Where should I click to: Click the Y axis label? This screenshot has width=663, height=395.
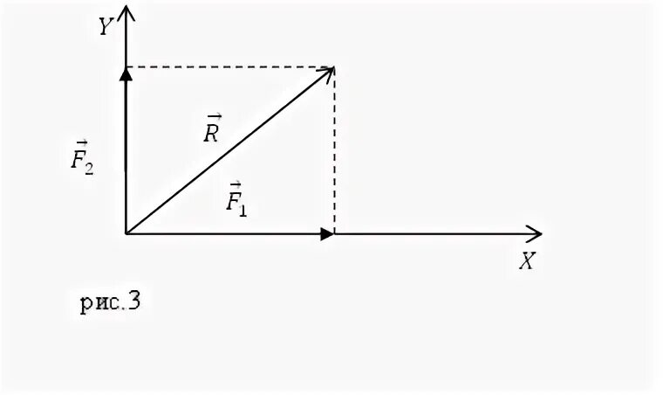(106, 28)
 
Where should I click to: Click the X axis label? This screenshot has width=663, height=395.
(526, 260)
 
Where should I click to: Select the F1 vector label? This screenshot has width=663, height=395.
(236, 200)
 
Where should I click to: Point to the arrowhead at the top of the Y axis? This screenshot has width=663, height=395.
(126, 11)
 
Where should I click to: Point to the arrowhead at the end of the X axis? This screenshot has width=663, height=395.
(534, 233)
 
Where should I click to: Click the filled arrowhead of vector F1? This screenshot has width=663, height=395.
(327, 233)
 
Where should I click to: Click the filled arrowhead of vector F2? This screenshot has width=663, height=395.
(126, 74)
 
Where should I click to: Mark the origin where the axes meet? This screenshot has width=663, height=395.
(126, 233)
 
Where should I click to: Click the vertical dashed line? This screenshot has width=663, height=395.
(335, 149)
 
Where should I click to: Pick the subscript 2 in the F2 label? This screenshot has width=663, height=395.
(89, 168)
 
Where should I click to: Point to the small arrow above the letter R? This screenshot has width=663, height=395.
(214, 116)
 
